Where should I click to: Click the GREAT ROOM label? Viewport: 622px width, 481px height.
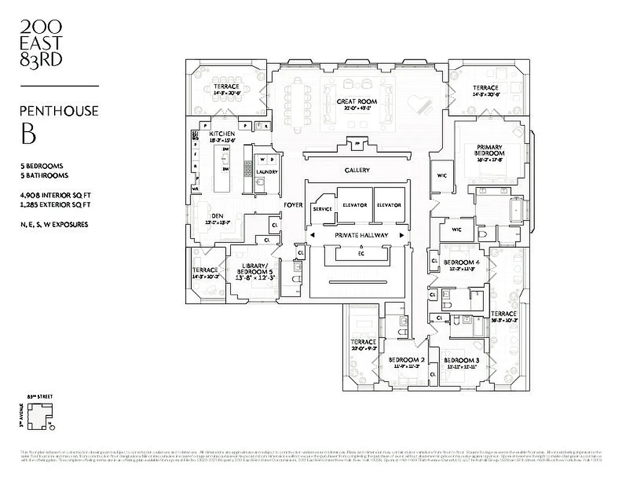pyautogui.click(x=357, y=101)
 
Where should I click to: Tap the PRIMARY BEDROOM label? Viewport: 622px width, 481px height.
pyautogui.click(x=490, y=150)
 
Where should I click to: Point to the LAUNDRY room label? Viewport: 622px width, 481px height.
pyautogui.click(x=267, y=172)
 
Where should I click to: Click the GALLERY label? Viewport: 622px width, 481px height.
pyautogui.click(x=357, y=170)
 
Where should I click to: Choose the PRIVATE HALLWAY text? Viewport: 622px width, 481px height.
pyautogui.click(x=361, y=235)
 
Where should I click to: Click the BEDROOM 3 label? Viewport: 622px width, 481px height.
pyautogui.click(x=462, y=360)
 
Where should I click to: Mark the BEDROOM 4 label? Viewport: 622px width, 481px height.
pyautogui.click(x=461, y=262)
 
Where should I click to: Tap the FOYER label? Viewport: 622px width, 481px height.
pyautogui.click(x=293, y=205)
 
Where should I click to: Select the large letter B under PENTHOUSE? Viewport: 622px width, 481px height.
pyautogui.click(x=28, y=134)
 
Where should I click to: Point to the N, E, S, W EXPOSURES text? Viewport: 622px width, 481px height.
pyautogui.click(x=54, y=224)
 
